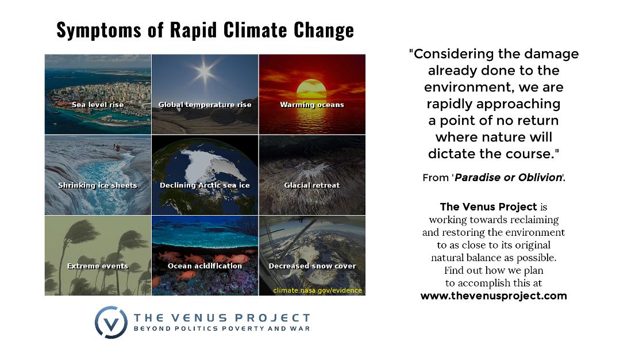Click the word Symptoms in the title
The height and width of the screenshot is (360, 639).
tap(99, 30)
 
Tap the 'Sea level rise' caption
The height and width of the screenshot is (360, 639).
tap(98, 105)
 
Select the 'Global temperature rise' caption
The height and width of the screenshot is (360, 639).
tap(205, 105)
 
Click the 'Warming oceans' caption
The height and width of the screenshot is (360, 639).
tap(312, 105)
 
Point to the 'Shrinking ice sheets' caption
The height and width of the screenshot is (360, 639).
tap(98, 186)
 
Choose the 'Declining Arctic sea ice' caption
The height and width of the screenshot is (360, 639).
tap(205, 186)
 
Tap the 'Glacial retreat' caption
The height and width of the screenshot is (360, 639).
tap(312, 186)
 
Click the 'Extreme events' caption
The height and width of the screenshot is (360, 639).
tap(98, 266)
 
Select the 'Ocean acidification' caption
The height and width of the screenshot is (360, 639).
tap(205, 266)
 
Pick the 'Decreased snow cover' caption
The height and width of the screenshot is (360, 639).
tap(312, 266)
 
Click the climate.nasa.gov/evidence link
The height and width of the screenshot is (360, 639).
tap(317, 290)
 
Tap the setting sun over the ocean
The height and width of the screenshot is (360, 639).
tap(311, 88)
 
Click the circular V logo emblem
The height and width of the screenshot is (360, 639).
tap(111, 322)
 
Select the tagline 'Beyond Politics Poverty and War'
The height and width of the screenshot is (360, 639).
tap(222, 328)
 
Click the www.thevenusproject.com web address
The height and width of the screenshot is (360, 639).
tap(494, 296)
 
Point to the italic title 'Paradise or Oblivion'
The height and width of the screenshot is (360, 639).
tap(508, 177)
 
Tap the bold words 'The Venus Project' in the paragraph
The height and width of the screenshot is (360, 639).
tap(488, 206)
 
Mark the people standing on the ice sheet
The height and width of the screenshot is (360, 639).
tap(117, 148)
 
